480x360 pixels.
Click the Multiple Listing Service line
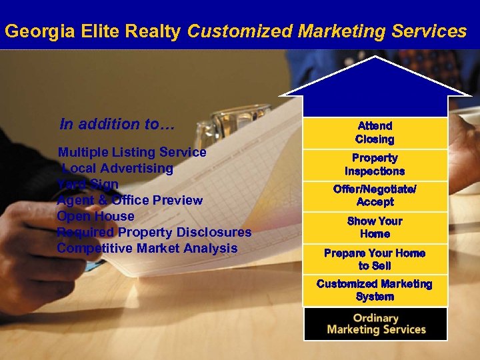(x=132, y=152)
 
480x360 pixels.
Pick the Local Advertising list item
(x=117, y=168)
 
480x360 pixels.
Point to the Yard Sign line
(x=88, y=184)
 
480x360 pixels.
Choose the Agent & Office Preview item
(x=130, y=200)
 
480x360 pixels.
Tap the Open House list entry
(x=95, y=216)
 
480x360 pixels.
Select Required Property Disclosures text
(x=154, y=232)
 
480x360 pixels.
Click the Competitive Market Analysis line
(x=147, y=248)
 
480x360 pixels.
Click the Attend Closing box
(x=375, y=132)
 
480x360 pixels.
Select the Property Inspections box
(x=375, y=164)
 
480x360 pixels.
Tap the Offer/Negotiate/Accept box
(x=375, y=195)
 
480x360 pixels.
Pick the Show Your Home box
(x=375, y=227)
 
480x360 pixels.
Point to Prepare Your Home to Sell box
(x=375, y=259)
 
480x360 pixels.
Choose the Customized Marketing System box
(x=375, y=290)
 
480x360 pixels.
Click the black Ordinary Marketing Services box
(x=375, y=323)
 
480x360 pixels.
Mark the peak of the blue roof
(x=375, y=58)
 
